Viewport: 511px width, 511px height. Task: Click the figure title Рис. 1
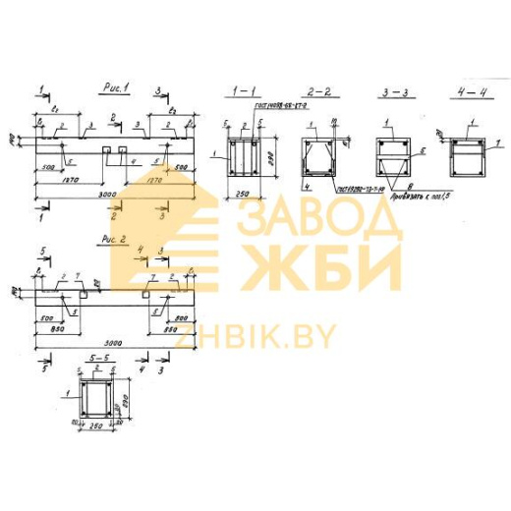tap(116, 89)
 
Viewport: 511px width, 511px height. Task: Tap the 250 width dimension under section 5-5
tap(95, 429)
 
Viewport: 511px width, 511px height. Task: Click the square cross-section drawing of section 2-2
tap(317, 155)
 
